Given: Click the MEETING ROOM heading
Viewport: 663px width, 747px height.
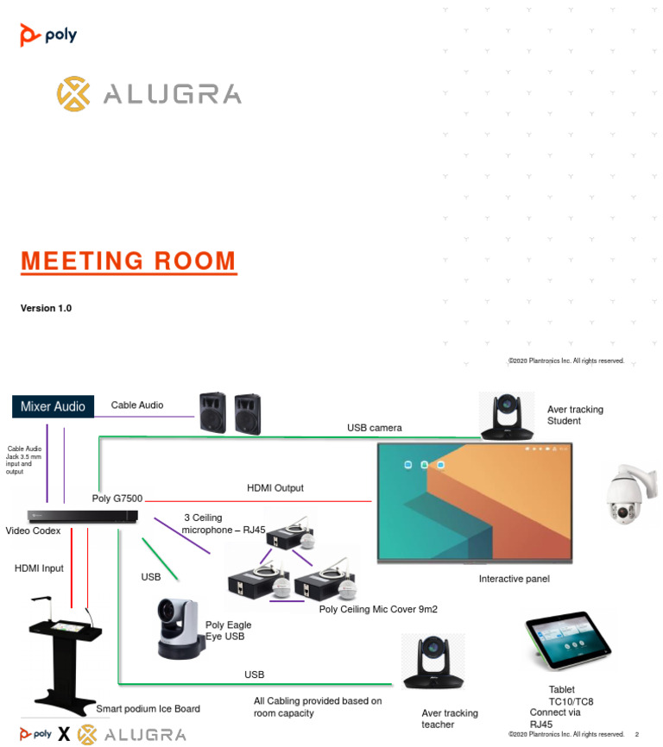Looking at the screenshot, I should coord(128,261).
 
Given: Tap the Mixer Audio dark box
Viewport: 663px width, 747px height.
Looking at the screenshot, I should coord(53,406).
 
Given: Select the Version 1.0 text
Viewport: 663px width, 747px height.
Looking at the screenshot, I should coord(46,309).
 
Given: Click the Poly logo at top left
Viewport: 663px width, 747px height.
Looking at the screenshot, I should coord(48,35).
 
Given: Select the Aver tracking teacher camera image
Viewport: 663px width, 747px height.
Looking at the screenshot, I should coord(433,662).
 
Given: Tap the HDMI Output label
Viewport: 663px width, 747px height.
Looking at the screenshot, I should coord(275,488).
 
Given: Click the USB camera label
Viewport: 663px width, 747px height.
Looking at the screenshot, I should coord(374,428).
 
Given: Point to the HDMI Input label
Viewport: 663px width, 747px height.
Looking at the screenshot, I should coord(39,568).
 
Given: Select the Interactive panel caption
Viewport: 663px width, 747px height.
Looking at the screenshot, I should coord(514,579).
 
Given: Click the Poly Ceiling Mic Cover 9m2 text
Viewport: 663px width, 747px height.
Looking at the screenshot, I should coord(378,609).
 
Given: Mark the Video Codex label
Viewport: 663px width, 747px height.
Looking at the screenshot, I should coord(33,530).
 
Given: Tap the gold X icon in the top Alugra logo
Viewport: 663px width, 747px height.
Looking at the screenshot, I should coord(73,94).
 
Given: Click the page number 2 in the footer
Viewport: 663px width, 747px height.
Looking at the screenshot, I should coord(636,734).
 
